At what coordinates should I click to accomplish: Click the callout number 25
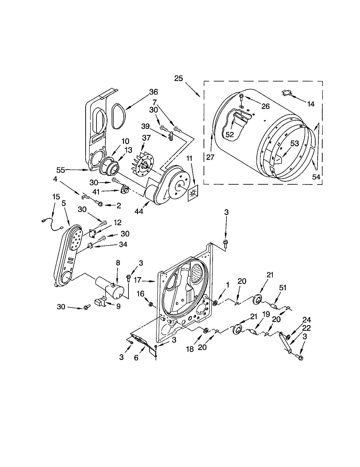tap(178, 78)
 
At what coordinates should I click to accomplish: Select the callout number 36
tap(154, 92)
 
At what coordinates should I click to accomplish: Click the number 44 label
tap(139, 211)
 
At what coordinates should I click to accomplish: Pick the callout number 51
tap(283, 288)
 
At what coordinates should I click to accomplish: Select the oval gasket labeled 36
tap(117, 116)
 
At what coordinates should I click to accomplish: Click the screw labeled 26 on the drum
tap(241, 96)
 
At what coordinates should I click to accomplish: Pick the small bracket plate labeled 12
tap(93, 233)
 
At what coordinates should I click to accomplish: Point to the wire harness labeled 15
tap(53, 223)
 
